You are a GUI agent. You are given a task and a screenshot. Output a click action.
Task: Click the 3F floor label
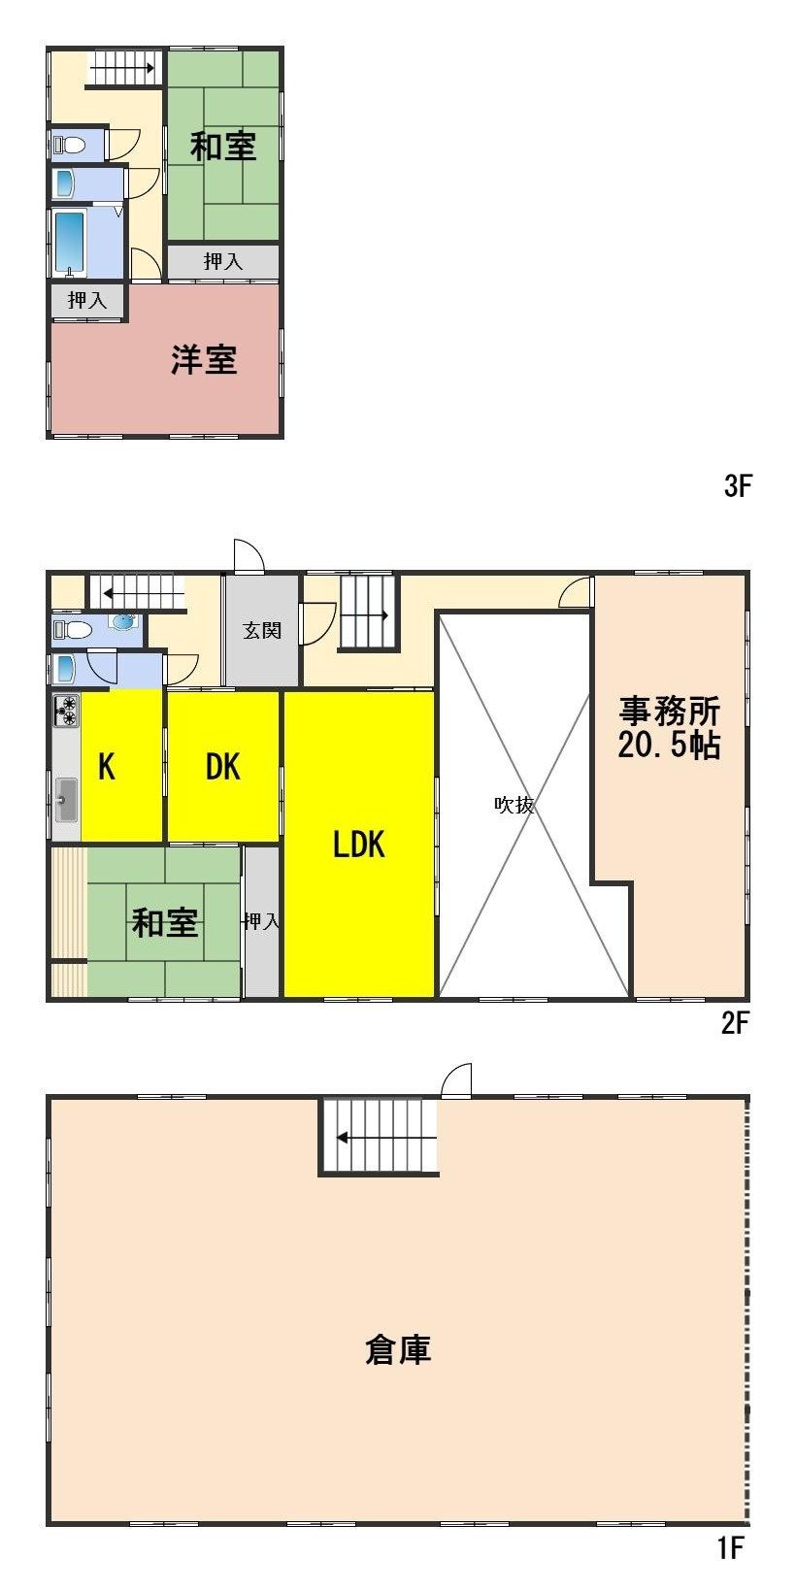click(738, 486)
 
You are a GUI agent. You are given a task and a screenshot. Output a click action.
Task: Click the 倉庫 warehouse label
click(398, 1349)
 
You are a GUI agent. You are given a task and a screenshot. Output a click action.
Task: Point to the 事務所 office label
click(670, 712)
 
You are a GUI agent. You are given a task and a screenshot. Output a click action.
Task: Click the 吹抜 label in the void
click(514, 805)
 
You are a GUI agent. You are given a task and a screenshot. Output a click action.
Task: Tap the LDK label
click(359, 845)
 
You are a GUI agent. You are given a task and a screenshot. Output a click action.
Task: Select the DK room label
click(222, 767)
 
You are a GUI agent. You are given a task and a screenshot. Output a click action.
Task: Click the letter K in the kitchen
click(107, 767)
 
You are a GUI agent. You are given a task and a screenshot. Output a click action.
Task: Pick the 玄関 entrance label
click(261, 631)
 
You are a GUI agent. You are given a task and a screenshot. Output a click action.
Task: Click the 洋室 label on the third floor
click(204, 360)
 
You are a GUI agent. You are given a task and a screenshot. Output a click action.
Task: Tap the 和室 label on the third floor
click(223, 147)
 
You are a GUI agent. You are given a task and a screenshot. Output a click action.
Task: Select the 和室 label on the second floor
click(165, 922)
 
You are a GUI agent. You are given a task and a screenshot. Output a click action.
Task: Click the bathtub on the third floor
click(69, 242)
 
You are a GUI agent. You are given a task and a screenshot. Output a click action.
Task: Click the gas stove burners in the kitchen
click(67, 712)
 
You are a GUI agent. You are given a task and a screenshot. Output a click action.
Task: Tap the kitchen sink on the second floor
click(66, 800)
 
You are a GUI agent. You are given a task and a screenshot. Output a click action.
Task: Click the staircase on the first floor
click(379, 1137)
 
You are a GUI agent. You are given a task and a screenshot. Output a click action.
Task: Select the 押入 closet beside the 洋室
click(87, 301)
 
